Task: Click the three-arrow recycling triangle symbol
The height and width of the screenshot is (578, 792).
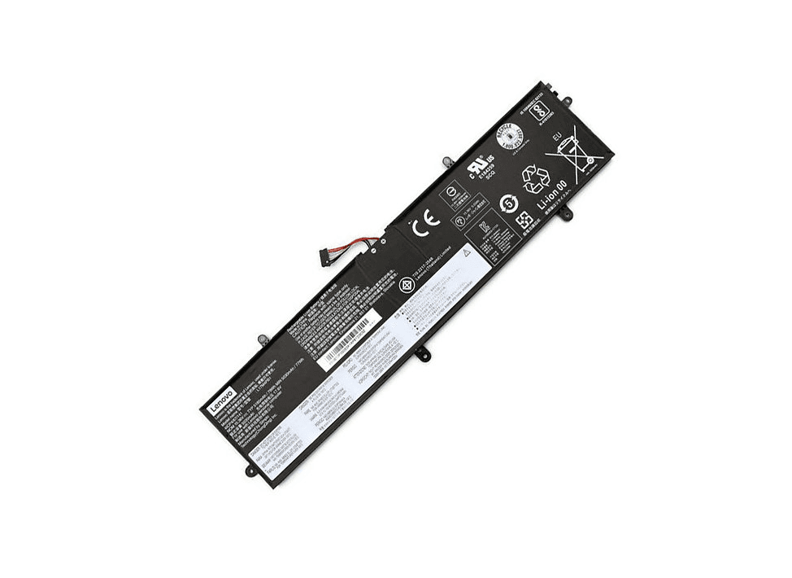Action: [536, 178]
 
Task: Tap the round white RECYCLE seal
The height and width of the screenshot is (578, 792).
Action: [507, 136]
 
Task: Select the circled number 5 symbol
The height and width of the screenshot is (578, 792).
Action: [508, 204]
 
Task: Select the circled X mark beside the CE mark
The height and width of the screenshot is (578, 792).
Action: [407, 284]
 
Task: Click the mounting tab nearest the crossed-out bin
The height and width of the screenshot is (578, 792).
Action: [567, 100]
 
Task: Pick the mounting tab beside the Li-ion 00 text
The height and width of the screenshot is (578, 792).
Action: [564, 214]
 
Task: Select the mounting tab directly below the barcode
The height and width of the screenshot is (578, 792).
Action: [421, 352]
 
